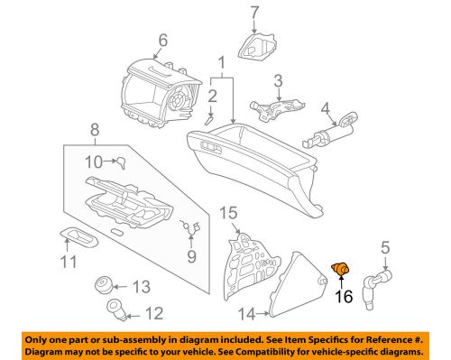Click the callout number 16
(344, 295)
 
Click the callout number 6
(162, 39)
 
